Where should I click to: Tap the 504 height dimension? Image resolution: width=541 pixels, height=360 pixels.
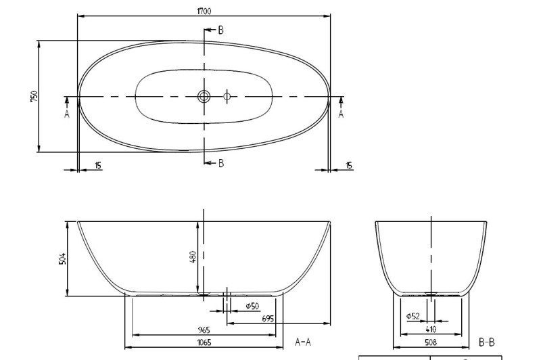tap(62, 258)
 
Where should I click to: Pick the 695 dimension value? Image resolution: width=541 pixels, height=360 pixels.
tap(267, 318)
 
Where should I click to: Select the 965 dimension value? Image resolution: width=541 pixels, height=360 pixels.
tap(204, 330)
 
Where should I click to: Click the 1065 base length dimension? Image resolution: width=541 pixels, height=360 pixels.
tap(204, 342)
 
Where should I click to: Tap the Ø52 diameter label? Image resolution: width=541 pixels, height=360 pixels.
tap(413, 316)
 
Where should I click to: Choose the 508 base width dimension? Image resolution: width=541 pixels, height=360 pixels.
tap(431, 342)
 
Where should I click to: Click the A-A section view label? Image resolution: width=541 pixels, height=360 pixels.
tap(302, 342)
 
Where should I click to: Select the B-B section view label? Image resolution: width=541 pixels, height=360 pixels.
tap(486, 342)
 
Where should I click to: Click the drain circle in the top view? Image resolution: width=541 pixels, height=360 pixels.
tap(204, 97)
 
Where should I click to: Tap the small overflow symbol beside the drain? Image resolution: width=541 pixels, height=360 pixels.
tap(227, 97)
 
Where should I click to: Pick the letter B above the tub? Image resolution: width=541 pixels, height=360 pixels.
tap(220, 30)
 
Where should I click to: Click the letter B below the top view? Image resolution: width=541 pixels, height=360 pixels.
tap(220, 163)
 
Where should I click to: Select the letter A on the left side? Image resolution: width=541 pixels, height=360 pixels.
tap(67, 114)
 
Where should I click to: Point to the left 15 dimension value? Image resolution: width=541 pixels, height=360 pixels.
tap(99, 165)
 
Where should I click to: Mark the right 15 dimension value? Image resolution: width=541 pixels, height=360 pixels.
tap(349, 165)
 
